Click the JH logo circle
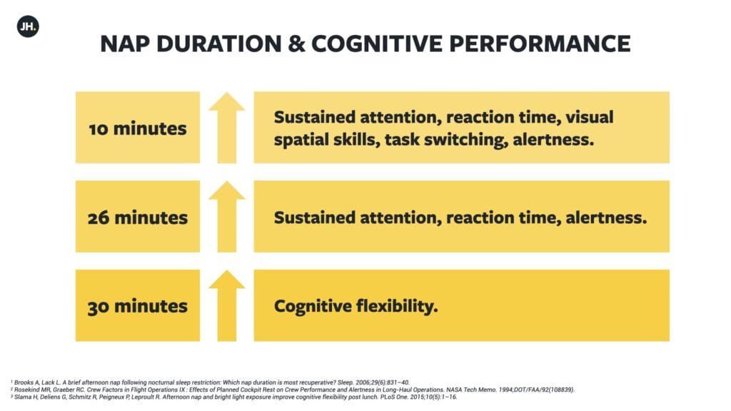click(28, 26)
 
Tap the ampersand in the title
click(296, 44)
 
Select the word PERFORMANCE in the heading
click(540, 44)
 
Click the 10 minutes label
click(138, 128)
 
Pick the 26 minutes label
click(138, 218)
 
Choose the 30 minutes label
click(138, 306)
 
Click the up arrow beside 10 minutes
click(226, 128)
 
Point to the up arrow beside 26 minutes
click(226, 217)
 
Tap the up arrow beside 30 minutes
click(226, 305)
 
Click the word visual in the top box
click(589, 117)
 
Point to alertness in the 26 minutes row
click(606, 218)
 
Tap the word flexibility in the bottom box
click(397, 306)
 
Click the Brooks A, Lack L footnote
click(210, 382)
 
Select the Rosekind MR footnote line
click(292, 390)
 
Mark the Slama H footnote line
click(233, 397)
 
